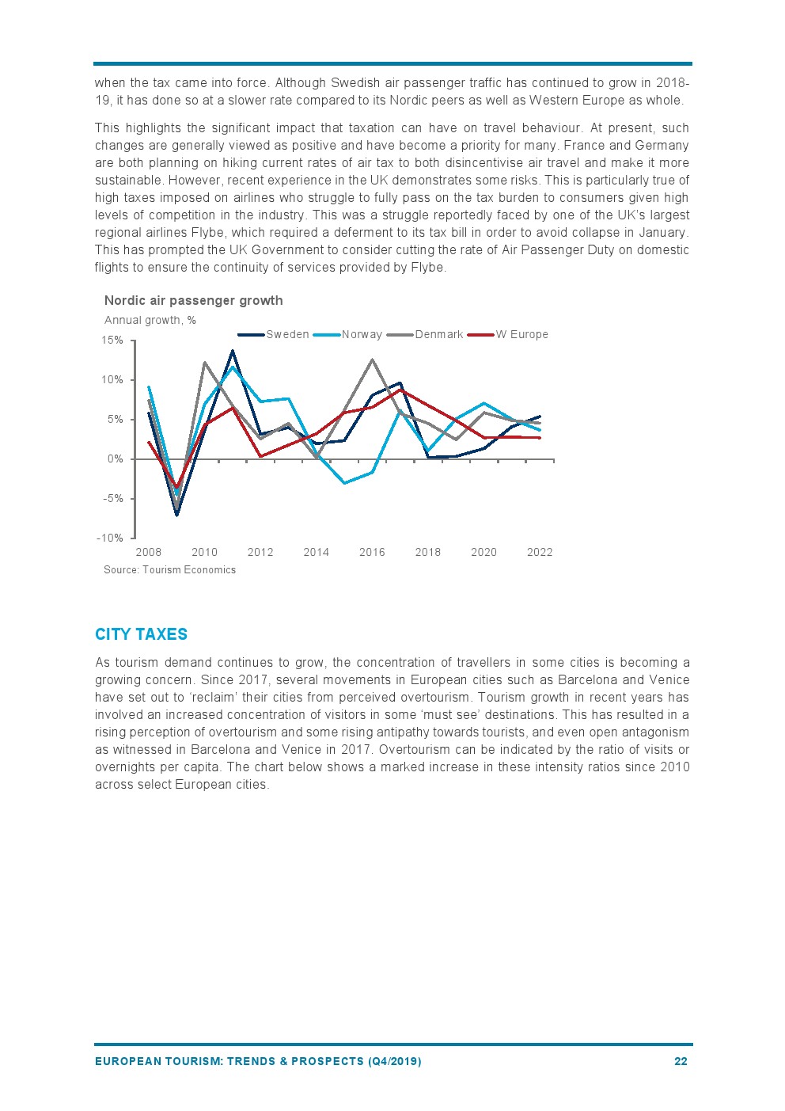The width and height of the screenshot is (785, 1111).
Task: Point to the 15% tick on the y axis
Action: point(112,341)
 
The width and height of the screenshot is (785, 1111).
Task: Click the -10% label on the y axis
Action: point(110,538)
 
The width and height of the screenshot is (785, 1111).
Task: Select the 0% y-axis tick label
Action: point(116,459)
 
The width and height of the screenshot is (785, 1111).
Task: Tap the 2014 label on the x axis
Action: point(316,553)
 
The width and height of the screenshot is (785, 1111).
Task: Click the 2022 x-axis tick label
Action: point(540,553)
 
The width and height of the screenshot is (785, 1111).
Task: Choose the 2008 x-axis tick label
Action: point(149,553)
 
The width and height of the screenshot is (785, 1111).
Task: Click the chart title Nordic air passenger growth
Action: point(193,301)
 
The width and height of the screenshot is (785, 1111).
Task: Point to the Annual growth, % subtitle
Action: point(150,321)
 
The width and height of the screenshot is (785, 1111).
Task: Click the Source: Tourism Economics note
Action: point(169,570)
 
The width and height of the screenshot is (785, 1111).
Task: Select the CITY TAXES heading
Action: point(141,634)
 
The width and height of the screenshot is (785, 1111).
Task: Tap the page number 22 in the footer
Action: point(681,1061)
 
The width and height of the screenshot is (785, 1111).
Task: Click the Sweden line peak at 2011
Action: point(233,351)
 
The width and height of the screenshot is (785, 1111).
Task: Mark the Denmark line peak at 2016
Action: point(372,360)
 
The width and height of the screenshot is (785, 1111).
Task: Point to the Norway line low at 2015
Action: point(344,482)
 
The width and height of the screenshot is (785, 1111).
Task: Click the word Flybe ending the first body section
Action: point(427,268)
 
